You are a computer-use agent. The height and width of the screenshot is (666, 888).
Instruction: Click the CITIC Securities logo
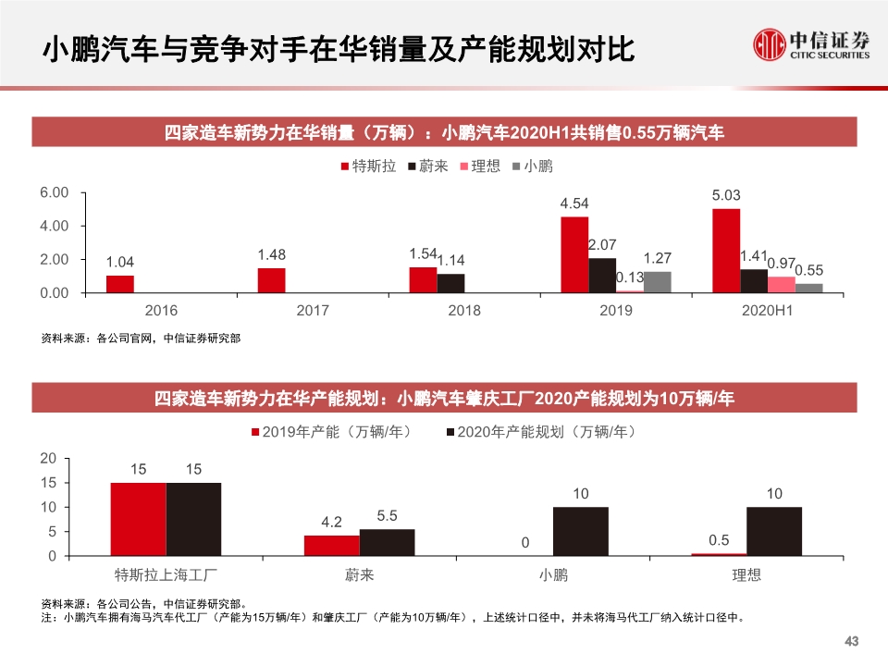coord(811,43)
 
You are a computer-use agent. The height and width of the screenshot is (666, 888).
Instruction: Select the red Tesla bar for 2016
coord(120,284)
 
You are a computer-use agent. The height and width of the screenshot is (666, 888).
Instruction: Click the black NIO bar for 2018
coord(450,283)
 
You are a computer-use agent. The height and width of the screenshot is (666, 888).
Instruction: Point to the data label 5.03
coord(726,195)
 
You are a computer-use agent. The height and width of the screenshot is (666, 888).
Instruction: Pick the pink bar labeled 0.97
coord(781,285)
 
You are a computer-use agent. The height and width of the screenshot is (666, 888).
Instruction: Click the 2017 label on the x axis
coord(313,311)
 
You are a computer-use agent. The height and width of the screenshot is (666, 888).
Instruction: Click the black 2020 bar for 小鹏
coord(580,532)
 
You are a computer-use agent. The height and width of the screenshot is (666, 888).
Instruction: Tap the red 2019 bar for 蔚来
coord(331,546)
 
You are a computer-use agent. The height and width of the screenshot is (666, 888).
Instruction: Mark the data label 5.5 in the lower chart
coord(387,515)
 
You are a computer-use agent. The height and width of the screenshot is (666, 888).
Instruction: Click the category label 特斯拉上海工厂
coord(166,575)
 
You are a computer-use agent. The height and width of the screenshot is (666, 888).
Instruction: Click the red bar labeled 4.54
coord(574,254)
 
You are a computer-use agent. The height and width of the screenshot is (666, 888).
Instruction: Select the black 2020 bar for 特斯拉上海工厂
coord(193,520)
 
